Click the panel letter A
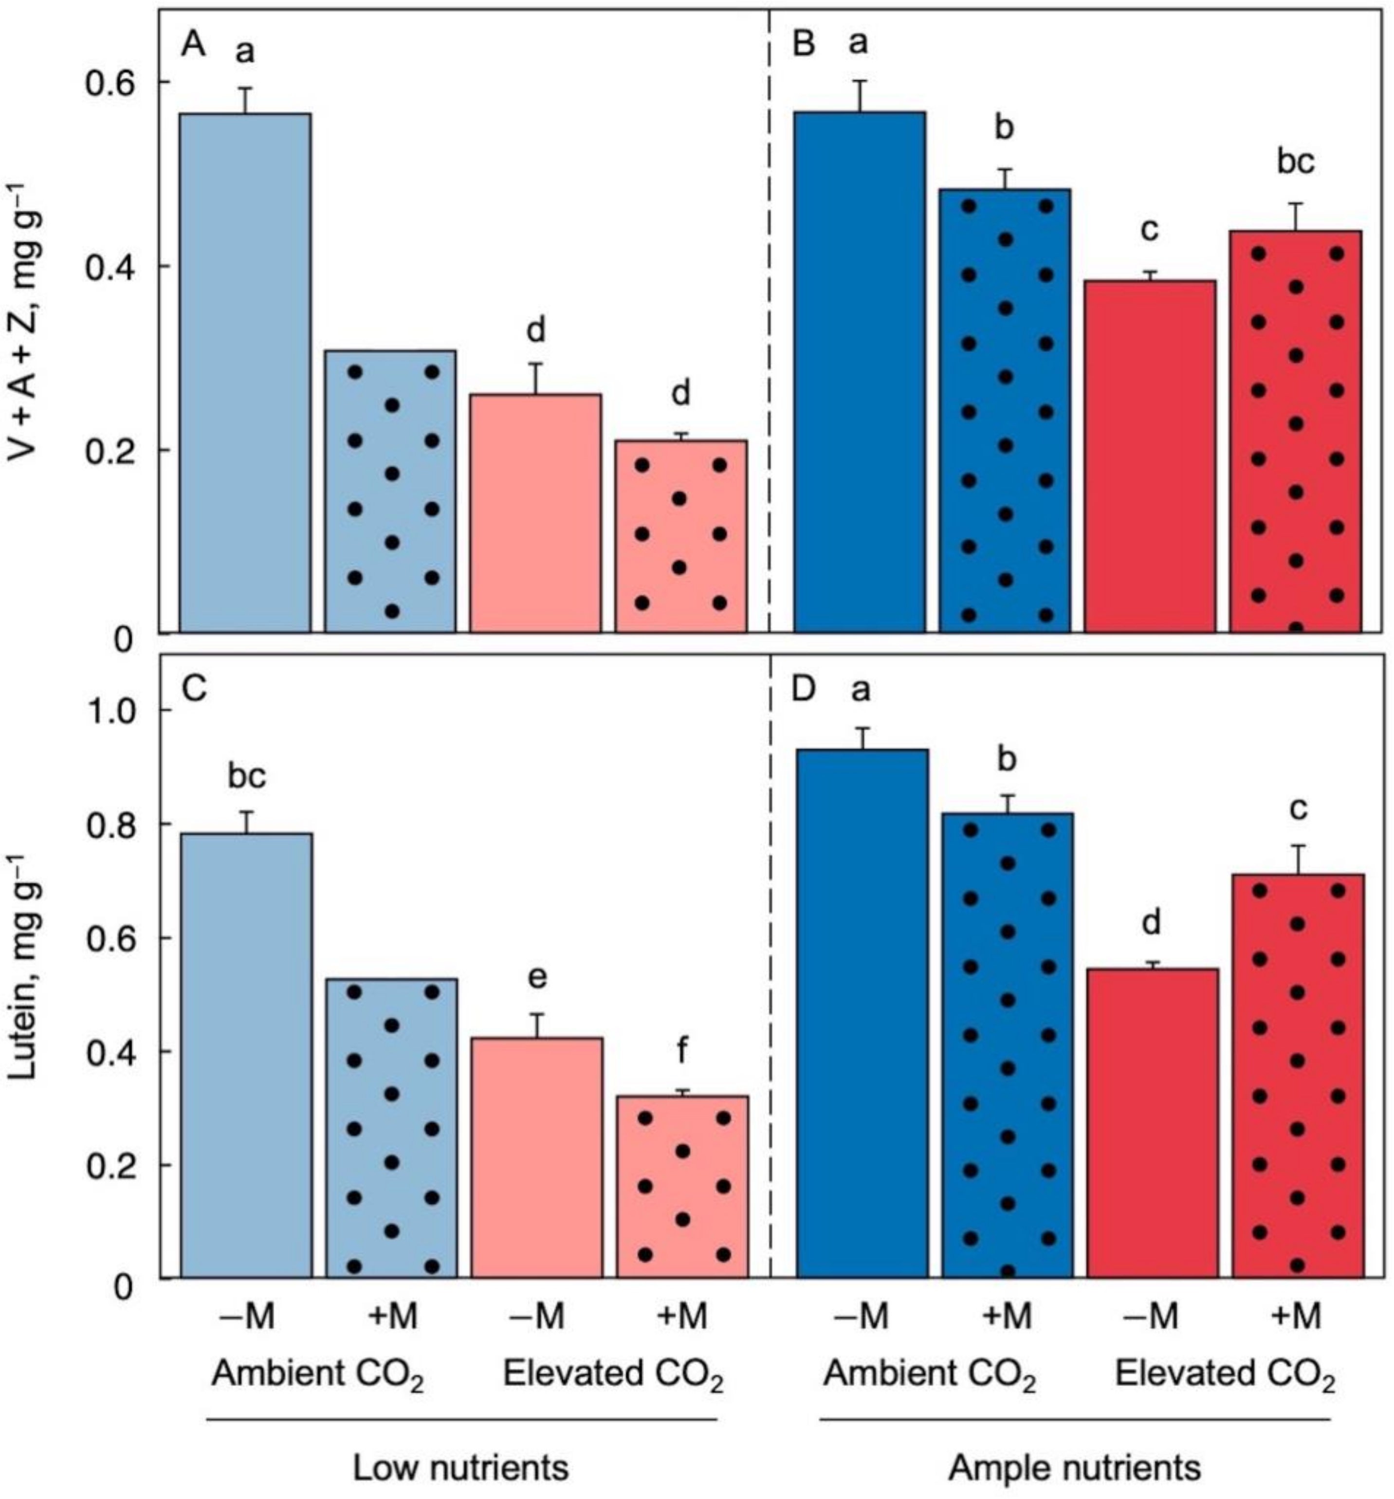click(193, 46)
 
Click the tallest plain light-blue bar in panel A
click(245, 373)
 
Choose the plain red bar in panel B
click(1150, 456)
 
